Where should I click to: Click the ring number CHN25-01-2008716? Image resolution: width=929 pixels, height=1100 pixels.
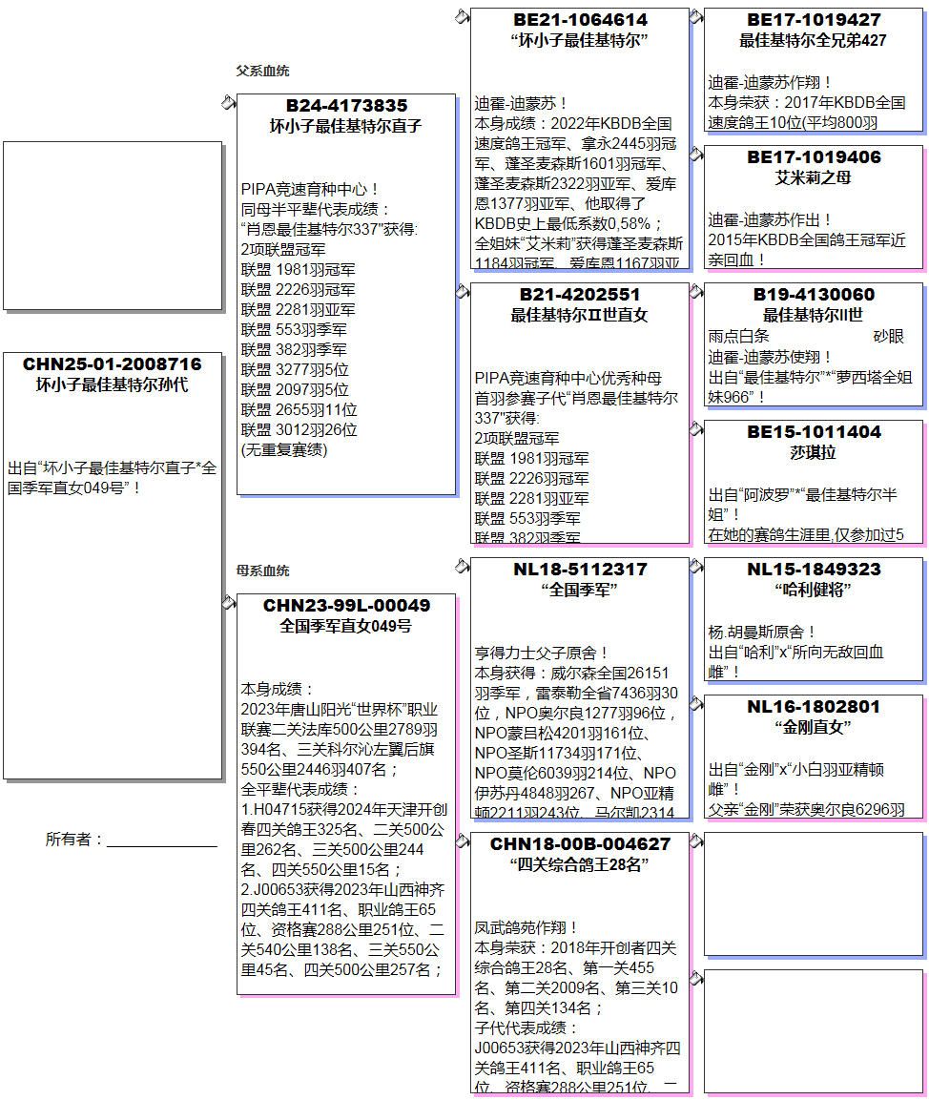113,364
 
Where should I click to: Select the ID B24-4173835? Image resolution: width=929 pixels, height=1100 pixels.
346,106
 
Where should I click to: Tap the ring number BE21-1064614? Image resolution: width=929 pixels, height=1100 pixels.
580,20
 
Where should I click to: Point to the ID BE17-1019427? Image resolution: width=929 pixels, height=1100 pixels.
814,20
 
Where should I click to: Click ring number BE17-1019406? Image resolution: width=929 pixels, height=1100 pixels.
814,157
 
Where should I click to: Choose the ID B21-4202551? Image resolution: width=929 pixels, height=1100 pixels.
580,295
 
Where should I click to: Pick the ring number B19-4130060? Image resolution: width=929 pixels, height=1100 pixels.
814,295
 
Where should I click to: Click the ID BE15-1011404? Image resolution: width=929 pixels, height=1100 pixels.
814,432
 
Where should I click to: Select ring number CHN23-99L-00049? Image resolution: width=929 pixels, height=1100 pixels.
346,606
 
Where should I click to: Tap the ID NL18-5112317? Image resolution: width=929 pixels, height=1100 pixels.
580,570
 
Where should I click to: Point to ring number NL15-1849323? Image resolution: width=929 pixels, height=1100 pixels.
814,570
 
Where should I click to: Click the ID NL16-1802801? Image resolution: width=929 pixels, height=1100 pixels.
814,707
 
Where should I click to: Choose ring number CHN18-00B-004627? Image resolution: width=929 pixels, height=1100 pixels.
580,844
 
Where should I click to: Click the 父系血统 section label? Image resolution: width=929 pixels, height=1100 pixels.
262,71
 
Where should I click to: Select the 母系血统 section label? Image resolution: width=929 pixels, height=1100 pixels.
262,571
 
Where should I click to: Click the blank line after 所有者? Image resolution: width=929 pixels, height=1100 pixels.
162,841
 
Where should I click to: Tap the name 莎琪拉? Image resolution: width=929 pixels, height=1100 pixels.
814,452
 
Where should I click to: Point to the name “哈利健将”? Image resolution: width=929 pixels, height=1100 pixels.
814,590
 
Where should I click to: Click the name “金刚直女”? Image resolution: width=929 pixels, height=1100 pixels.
814,727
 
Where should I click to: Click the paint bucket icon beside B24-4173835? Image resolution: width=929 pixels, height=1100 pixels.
229,102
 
